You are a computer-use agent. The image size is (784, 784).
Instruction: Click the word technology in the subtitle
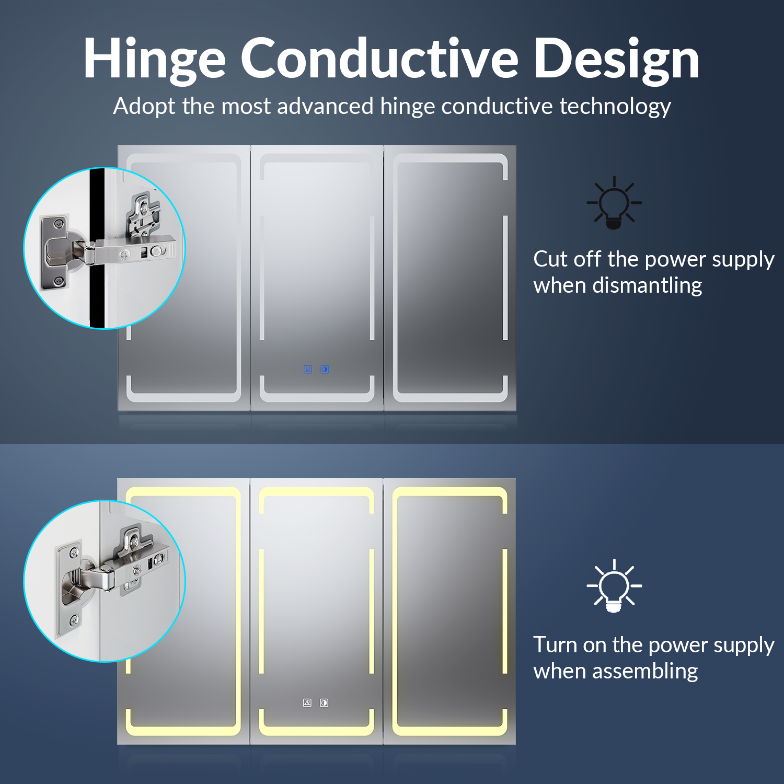tap(615, 107)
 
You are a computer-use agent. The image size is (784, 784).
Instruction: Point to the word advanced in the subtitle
tap(325, 106)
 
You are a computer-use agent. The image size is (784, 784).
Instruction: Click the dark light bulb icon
tap(614, 203)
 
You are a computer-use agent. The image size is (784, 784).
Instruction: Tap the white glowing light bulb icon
tap(614, 586)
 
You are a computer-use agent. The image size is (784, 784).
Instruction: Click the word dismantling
tap(647, 286)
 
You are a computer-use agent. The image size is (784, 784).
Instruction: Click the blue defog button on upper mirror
tap(308, 370)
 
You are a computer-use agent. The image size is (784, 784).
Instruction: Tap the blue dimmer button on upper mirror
tap(325, 370)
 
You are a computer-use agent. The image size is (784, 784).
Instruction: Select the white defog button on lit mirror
tap(307, 703)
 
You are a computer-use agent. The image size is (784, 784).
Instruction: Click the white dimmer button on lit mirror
tap(324, 703)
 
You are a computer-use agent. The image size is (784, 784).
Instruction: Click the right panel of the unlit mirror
tap(450, 278)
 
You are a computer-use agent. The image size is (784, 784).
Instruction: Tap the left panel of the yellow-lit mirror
tap(183, 612)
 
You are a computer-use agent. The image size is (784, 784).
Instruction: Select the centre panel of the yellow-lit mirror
tap(317, 612)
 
